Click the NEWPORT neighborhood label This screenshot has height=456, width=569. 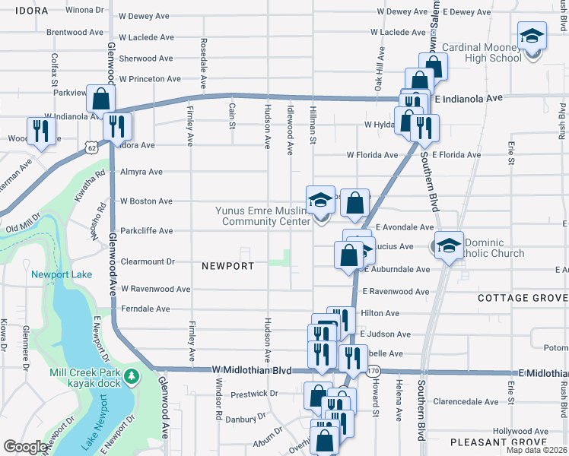click(227, 266)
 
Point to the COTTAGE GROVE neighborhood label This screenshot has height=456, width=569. click(523, 298)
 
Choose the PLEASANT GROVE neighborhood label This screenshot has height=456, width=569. click(509, 442)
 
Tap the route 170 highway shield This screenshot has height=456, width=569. click(373, 371)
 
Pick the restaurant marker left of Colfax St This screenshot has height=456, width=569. click(38, 132)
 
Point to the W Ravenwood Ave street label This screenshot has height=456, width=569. click(155, 289)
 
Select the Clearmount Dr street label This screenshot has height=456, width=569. click(148, 261)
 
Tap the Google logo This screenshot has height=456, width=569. click(25, 447)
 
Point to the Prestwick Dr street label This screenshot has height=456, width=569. click(242, 394)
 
